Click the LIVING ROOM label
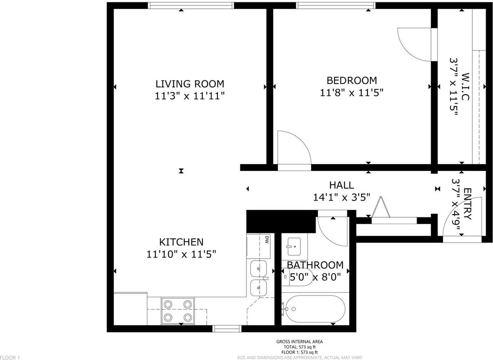[x=189, y=84]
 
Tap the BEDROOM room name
[x=352, y=80]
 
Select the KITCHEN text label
[x=181, y=242]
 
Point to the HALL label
[x=341, y=185]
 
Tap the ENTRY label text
[x=467, y=203]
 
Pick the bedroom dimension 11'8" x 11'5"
[x=352, y=92]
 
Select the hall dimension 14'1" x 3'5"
[x=342, y=197]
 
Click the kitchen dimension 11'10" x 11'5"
[x=181, y=254]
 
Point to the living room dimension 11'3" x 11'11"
[x=189, y=95]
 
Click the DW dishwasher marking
[x=267, y=239]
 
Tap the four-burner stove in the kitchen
[x=178, y=311]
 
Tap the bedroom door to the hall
[x=293, y=150]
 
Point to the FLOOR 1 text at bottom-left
[x=10, y=357]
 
